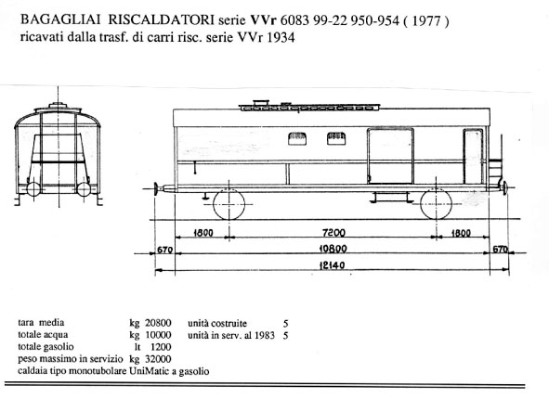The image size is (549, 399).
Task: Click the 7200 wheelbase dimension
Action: (333, 233)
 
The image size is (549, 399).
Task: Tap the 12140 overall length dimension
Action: (332, 265)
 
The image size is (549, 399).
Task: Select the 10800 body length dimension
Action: (333, 249)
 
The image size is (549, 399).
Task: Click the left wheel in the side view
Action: (229, 204)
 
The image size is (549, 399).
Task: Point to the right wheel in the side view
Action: (436, 204)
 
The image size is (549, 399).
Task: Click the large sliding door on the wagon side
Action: (390, 156)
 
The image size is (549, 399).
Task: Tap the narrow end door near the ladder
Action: (473, 156)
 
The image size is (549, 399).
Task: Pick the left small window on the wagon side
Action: (297, 138)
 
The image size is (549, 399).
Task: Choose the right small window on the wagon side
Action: (336, 138)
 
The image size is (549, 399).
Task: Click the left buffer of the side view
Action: (156, 189)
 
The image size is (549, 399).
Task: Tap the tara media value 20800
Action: (158, 323)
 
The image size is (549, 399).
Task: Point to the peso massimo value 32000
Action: (158, 359)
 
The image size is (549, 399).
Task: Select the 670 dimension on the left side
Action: (164, 250)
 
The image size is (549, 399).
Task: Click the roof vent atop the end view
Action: (59, 105)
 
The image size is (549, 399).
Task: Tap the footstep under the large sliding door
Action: (391, 198)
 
